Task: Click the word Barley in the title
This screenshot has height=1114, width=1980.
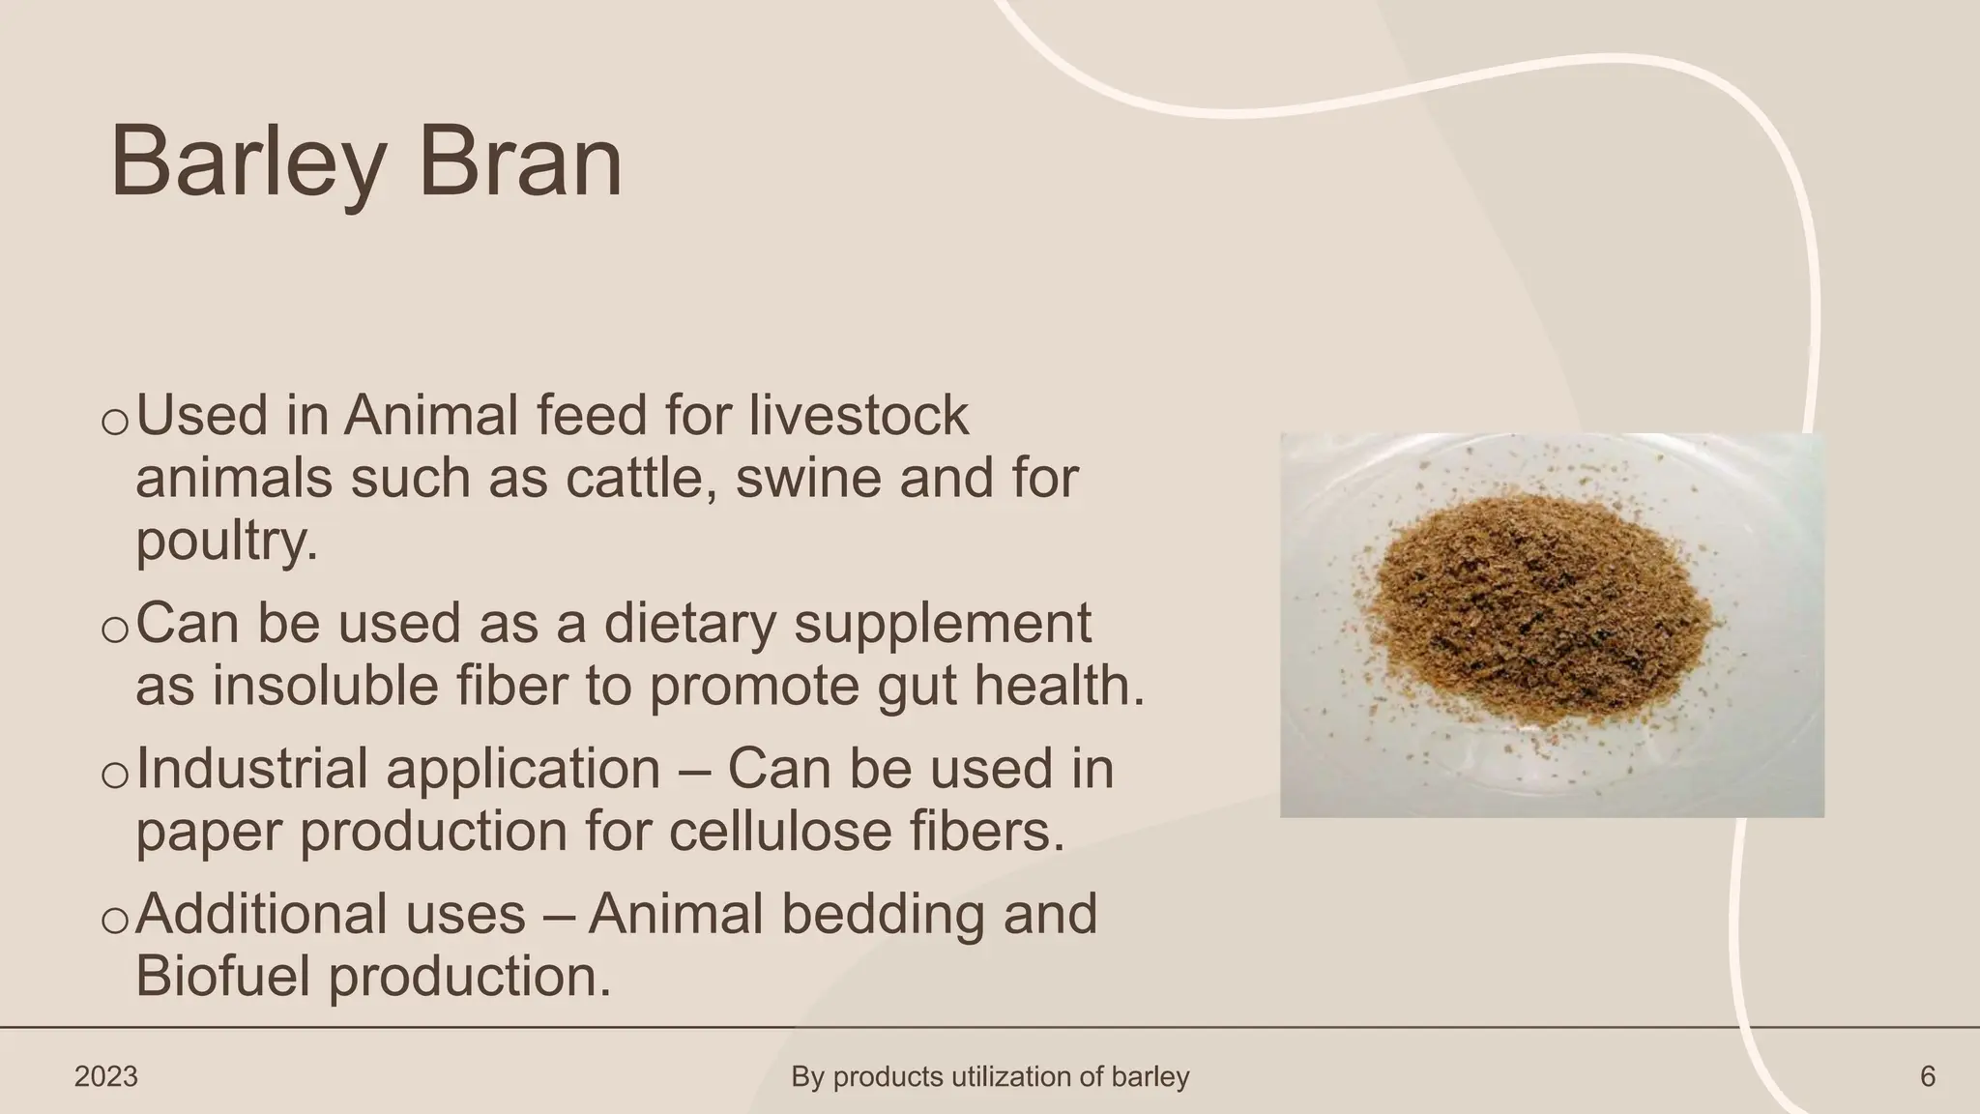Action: click(247, 162)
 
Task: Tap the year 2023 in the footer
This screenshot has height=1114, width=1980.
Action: click(106, 1076)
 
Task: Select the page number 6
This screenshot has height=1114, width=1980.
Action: click(1927, 1076)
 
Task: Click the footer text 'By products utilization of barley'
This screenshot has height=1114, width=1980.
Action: click(990, 1076)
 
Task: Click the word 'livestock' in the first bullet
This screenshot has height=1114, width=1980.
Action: click(859, 415)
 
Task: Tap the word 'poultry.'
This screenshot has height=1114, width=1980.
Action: click(227, 541)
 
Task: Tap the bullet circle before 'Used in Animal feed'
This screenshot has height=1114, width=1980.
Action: click(114, 423)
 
